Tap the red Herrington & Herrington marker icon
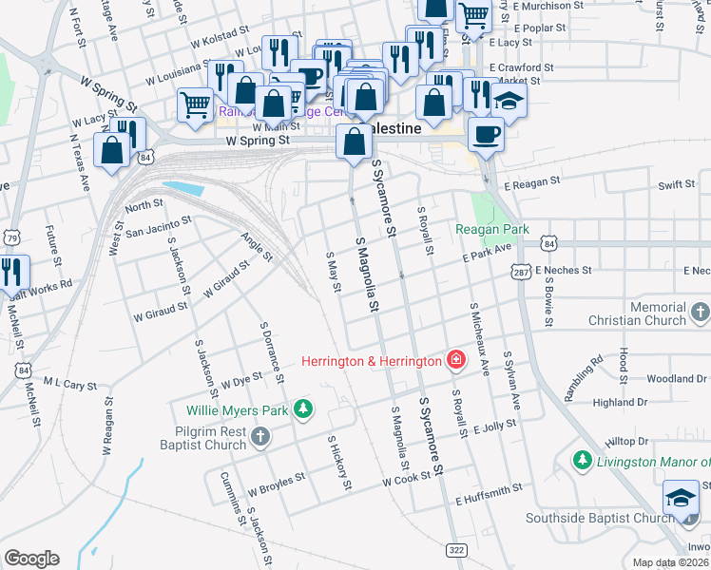click(x=456, y=360)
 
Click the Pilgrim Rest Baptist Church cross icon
click(x=260, y=436)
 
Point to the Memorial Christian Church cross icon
click(x=700, y=312)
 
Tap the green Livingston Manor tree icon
click(x=582, y=461)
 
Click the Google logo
click(x=31, y=559)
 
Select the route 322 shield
click(x=455, y=550)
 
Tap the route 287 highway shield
click(x=521, y=272)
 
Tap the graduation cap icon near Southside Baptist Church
click(x=681, y=498)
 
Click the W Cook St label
click(x=408, y=482)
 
